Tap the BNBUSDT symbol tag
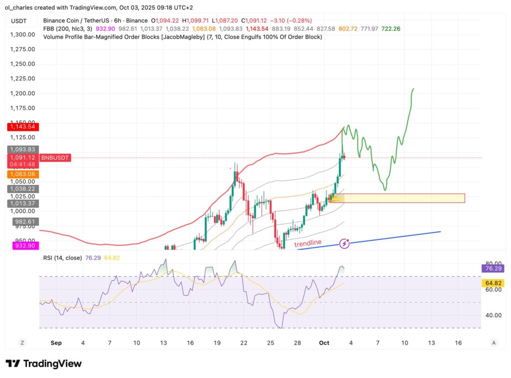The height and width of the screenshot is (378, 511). click(55, 158)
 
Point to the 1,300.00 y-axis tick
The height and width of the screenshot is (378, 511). click(22, 34)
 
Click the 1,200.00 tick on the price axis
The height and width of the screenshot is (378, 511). click(22, 93)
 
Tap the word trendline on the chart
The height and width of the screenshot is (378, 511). click(308, 243)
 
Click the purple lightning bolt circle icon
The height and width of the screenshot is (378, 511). click(344, 243)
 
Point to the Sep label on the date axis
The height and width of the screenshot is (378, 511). click(56, 343)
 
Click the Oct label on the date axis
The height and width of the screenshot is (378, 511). click(324, 343)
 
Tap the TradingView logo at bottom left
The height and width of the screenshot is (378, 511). click(43, 364)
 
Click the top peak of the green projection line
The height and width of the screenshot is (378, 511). click(413, 89)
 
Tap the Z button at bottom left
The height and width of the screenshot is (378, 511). click(21, 343)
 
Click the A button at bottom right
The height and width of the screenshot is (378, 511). click(493, 343)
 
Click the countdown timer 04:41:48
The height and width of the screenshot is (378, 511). click(22, 164)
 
